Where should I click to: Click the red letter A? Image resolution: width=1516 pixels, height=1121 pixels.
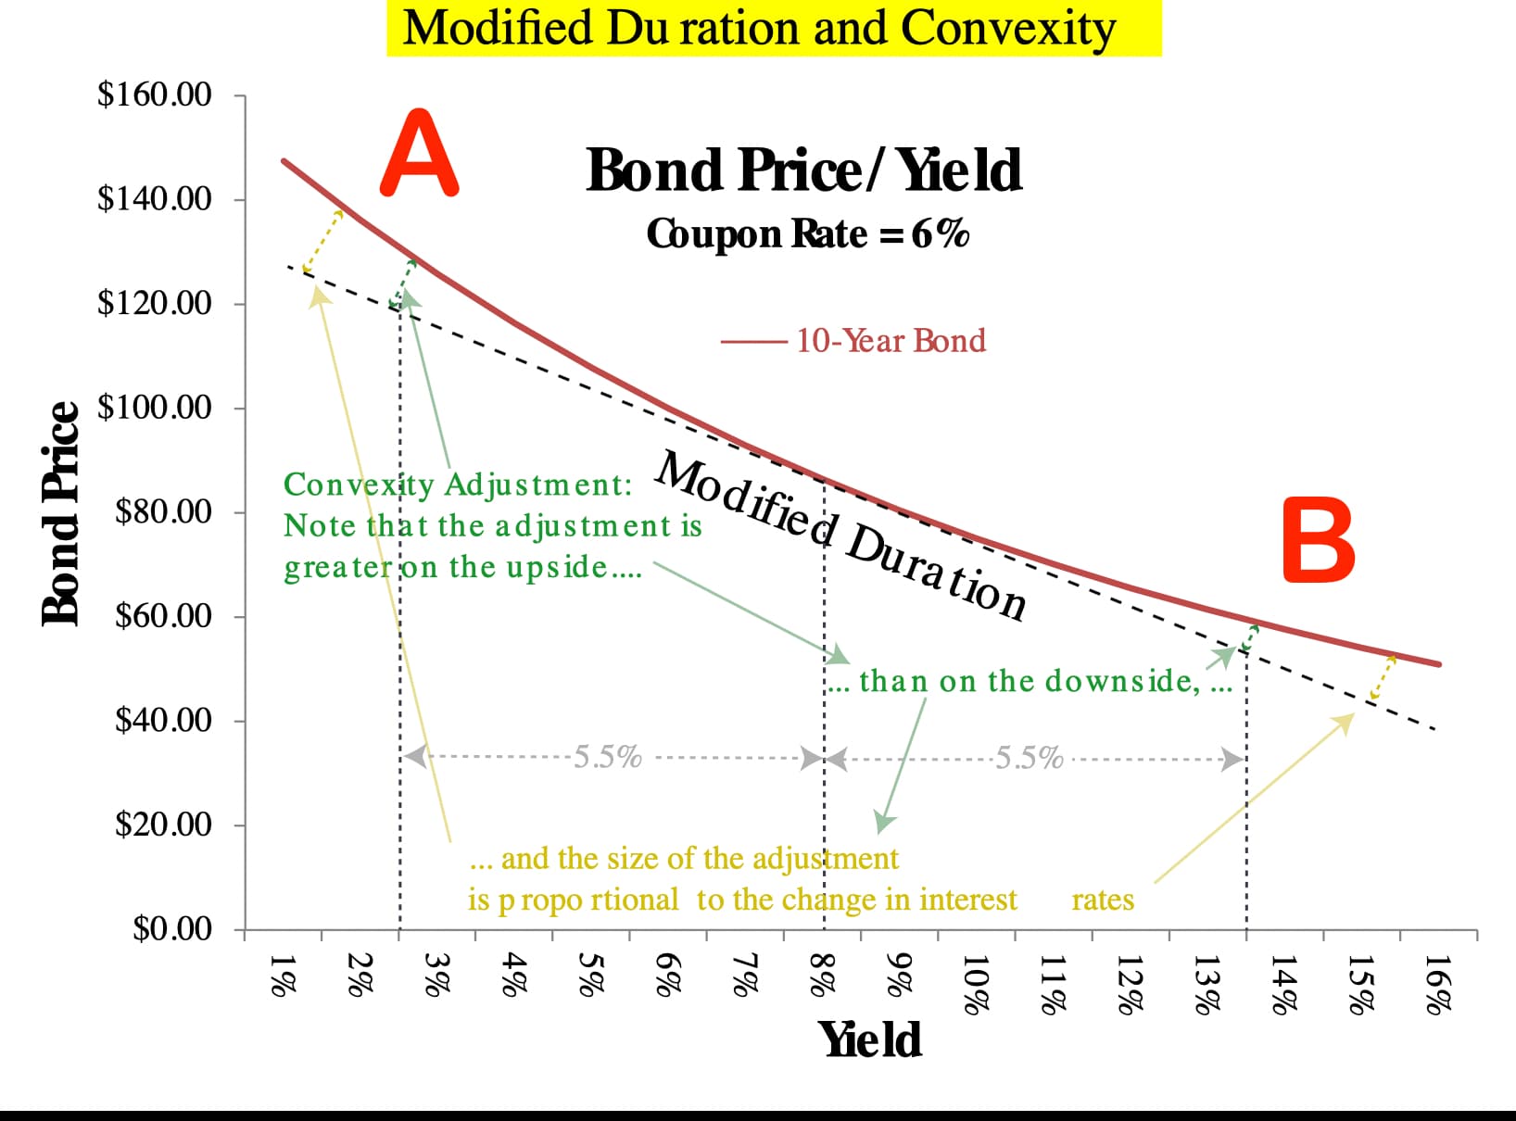tap(419, 154)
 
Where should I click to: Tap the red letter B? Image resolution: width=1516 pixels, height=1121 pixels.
tap(1318, 541)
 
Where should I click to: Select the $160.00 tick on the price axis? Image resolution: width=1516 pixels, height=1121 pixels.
tap(155, 94)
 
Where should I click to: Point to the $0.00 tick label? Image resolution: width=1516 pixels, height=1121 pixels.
tap(172, 928)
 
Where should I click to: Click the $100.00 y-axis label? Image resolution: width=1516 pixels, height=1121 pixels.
tap(155, 408)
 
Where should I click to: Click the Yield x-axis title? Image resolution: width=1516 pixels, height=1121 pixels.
tap(869, 1039)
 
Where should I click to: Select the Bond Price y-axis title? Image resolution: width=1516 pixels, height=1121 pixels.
tap(61, 513)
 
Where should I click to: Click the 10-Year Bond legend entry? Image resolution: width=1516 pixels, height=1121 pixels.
tap(890, 341)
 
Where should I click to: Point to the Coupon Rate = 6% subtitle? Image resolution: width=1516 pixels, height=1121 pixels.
tap(807, 233)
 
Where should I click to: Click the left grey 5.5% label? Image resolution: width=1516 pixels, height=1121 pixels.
tap(607, 757)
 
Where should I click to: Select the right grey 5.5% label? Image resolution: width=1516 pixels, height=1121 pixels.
tap(1029, 758)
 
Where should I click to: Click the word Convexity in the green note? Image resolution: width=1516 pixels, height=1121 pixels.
tap(359, 485)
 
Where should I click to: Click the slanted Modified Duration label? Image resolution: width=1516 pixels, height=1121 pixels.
tap(840, 535)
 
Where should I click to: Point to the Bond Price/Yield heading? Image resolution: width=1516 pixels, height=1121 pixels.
tap(803, 170)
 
